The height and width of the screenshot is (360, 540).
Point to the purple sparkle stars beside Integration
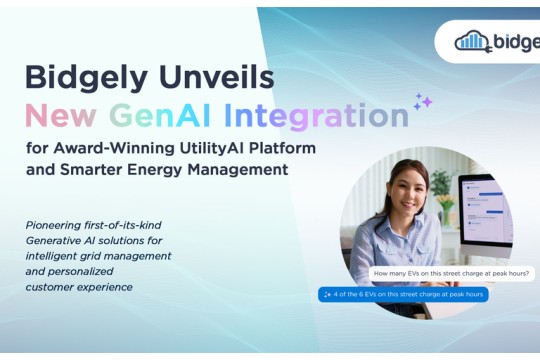[423, 102]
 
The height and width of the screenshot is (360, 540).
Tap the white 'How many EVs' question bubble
[451, 273]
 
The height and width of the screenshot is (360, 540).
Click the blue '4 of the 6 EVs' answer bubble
[403, 294]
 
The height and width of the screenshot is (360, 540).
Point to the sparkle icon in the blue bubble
[327, 294]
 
